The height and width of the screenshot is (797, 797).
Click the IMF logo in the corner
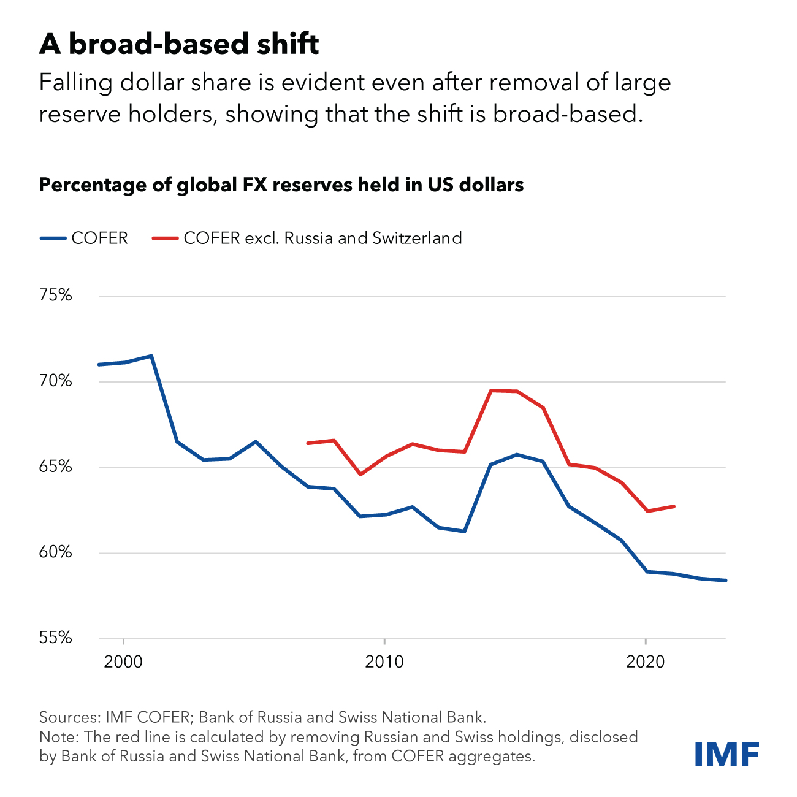point(726,753)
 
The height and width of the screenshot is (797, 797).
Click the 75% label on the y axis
point(55,296)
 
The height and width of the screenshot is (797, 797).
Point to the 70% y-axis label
point(55,381)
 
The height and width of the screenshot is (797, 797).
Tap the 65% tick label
point(55,467)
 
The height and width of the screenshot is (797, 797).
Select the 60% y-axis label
point(55,552)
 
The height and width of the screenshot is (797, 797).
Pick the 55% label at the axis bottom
point(55,638)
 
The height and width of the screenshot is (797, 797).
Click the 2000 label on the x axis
point(123,662)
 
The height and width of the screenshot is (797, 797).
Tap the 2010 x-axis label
point(384,662)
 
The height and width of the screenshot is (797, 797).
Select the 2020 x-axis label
point(646,662)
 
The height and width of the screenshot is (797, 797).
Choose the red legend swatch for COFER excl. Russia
point(165,238)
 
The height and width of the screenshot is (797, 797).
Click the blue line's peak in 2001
point(151,356)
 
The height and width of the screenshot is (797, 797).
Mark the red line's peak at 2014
point(490,390)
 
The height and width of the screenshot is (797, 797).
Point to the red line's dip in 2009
point(360,475)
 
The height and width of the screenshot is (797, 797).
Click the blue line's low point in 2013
point(464,531)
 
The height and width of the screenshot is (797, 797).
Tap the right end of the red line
point(674,506)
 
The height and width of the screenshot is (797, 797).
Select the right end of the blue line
point(725,580)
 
